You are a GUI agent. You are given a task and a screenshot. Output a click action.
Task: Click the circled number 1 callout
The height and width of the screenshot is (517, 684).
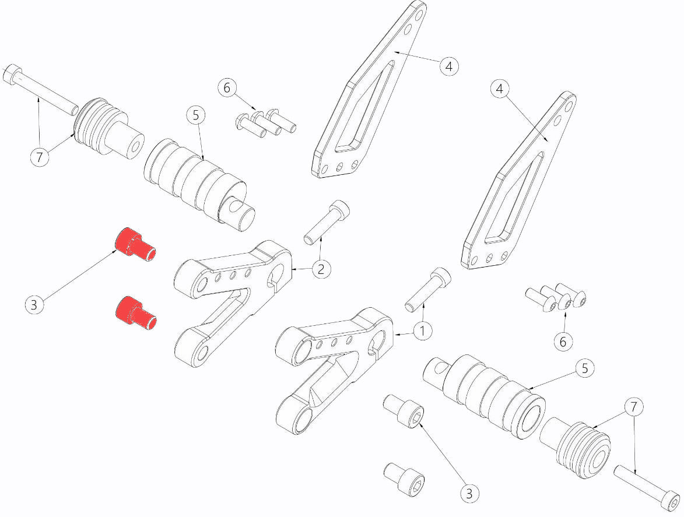pos(423,331)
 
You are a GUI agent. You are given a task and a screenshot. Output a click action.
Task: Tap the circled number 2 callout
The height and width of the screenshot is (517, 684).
pos(321,269)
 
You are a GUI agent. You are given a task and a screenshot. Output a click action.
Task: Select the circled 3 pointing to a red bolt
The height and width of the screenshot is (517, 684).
pos(34,304)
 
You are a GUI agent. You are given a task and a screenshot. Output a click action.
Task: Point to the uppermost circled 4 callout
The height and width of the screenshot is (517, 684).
pos(448,66)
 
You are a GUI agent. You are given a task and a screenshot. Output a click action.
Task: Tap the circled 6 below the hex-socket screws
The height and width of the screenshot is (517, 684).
pos(563,342)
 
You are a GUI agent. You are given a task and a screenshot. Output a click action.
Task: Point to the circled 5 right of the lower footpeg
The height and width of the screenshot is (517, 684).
pos(584,368)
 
